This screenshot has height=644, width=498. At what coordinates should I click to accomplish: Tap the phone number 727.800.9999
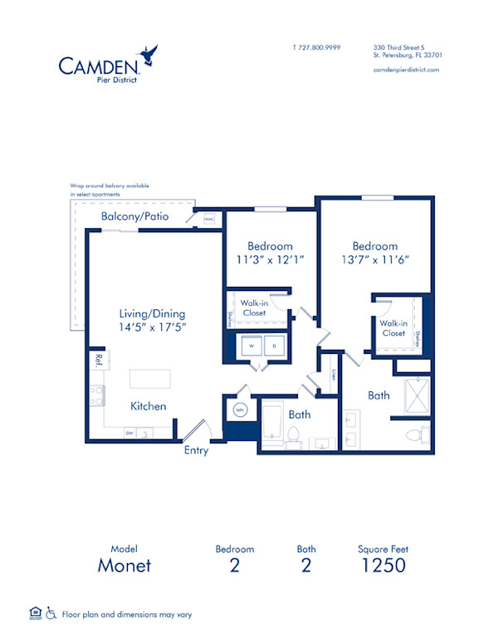point(316,48)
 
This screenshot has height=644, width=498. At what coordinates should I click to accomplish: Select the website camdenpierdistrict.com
point(406,70)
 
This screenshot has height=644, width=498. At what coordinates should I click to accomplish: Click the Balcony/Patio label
point(134,217)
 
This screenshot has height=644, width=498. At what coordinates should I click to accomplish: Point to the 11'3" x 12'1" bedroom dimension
point(271,259)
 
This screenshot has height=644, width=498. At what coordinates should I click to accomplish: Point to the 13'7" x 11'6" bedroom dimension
point(374,259)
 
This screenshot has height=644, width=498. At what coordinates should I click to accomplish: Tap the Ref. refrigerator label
point(98,360)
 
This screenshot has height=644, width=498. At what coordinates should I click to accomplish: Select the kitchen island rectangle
point(149,379)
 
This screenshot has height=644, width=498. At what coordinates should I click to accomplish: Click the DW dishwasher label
point(129,433)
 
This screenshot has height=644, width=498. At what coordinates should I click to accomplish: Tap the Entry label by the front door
point(196,451)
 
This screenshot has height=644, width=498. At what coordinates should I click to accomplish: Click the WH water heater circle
point(240,409)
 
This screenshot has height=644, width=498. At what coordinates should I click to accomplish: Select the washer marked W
point(250,346)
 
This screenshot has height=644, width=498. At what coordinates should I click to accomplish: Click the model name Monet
point(124,566)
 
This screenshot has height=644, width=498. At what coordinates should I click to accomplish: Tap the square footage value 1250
point(383,566)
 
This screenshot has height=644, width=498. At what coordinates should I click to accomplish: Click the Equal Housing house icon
point(35,613)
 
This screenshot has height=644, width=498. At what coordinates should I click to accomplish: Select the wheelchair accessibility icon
point(51,613)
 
